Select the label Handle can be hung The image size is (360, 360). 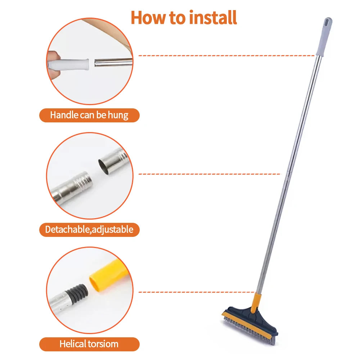(89, 115)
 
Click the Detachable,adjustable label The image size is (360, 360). (89, 229)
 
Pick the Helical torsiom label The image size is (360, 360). (89, 344)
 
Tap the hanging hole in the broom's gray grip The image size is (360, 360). (327, 22)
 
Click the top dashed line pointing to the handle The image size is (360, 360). (227, 56)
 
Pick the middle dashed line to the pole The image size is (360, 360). (209, 174)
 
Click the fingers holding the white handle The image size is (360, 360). (53, 64)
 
